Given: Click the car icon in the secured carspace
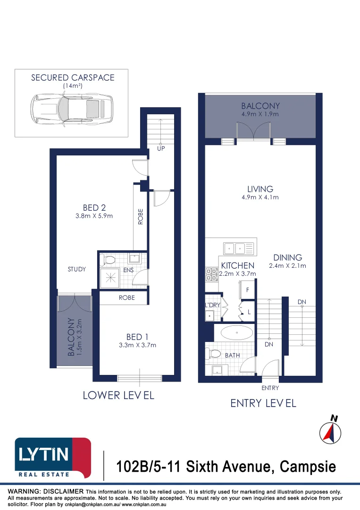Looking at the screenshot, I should tap(71, 109).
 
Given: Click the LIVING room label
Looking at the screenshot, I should tap(260, 189).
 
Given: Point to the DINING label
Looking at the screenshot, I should tap(287, 258).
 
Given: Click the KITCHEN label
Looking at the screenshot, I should tap(238, 266).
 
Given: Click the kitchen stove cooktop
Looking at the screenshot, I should tap(211, 274).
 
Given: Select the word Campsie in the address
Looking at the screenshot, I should tap(308, 467).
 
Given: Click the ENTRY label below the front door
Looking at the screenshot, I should tap(270, 388).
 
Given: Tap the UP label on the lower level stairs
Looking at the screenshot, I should tap(160, 149).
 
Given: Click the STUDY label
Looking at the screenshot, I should tap(77, 269).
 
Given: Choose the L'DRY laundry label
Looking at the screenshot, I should tap(212, 305).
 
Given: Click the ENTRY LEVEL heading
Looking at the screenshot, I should tap(263, 403).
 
